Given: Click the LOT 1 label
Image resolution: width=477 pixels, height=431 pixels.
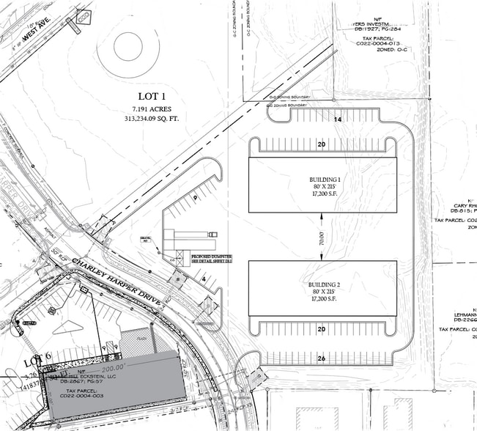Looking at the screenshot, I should pos(154,96).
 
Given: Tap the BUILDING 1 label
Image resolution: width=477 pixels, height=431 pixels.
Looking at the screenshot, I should pos(323,180).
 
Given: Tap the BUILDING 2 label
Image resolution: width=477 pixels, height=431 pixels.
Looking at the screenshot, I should pos(323,282).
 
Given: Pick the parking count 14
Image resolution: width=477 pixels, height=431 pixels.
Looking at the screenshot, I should pos(338,118).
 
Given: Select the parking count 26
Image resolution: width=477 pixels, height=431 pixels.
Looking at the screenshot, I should pos(322,358).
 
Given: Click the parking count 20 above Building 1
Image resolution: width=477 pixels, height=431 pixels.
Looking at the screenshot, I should pos(322,144).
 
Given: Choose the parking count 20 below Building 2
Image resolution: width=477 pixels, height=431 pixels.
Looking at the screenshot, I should pos(322,329).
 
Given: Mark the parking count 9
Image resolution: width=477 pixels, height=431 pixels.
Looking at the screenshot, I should pos(195,198).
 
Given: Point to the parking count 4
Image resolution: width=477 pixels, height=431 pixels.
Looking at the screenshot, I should pos(203,279).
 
